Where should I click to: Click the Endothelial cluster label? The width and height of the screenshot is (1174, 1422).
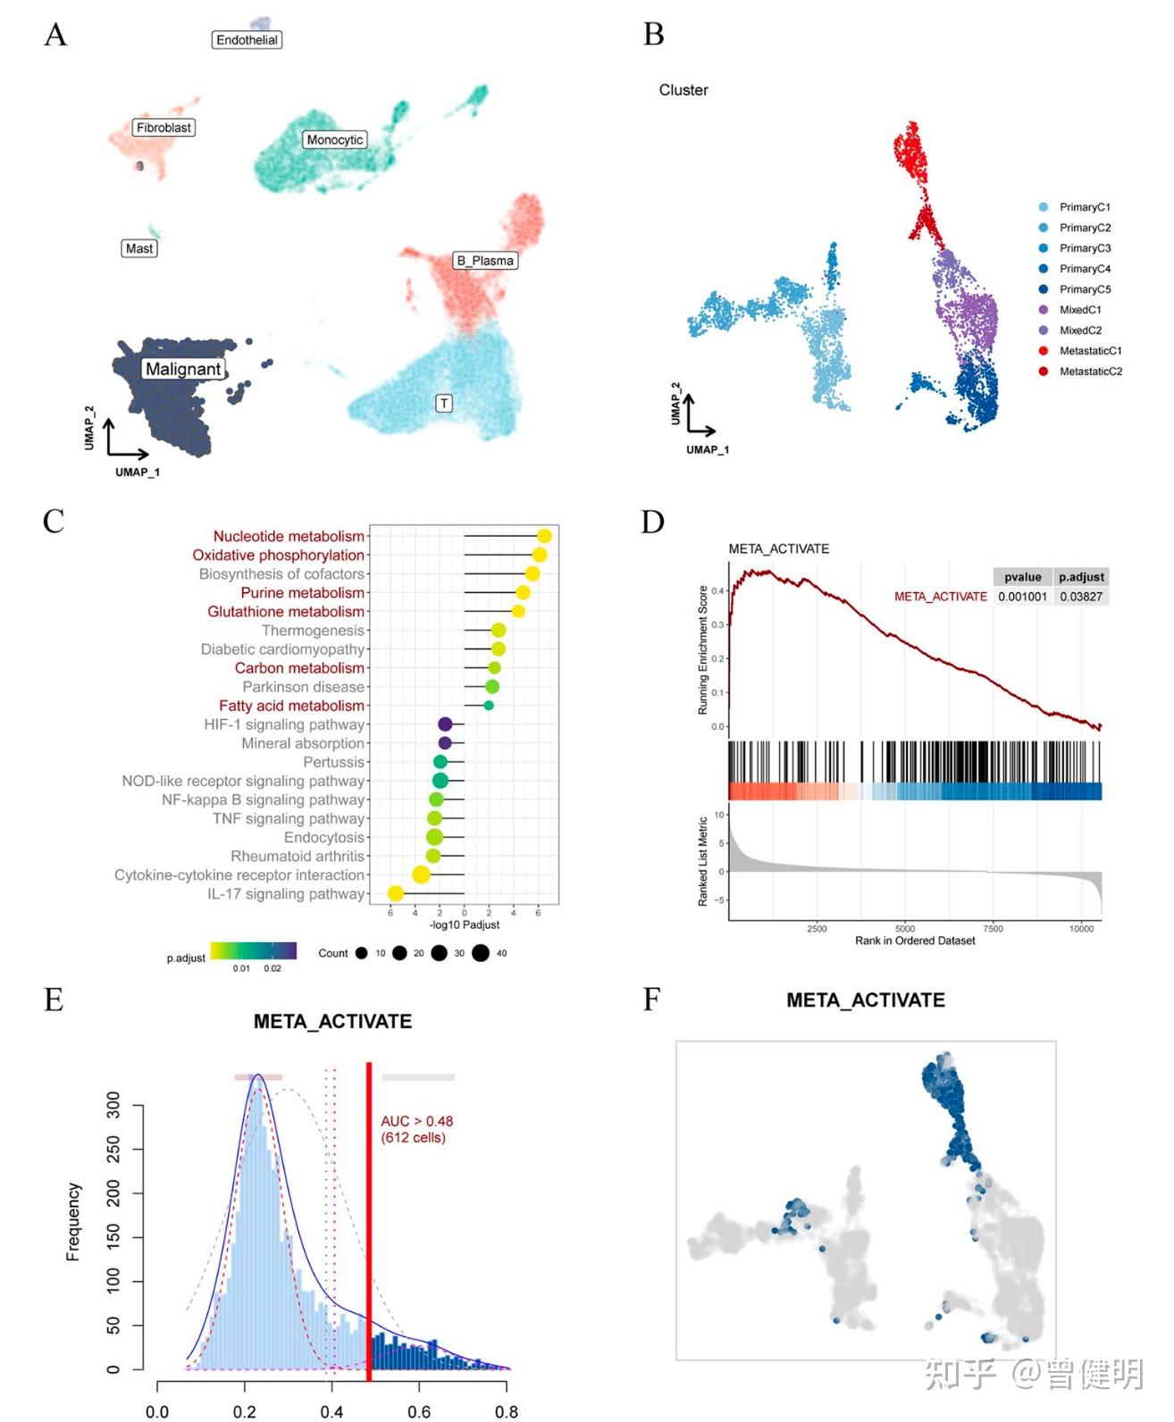click(x=247, y=40)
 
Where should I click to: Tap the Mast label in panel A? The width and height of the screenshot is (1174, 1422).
click(x=139, y=248)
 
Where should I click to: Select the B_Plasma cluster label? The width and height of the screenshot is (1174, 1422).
click(x=485, y=261)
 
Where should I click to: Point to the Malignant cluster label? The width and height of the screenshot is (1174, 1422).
click(x=183, y=369)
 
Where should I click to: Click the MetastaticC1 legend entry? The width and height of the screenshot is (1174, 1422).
click(x=1090, y=351)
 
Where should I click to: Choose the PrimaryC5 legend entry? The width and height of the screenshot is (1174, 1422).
click(x=1085, y=289)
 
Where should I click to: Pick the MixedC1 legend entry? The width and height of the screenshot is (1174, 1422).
click(x=1080, y=310)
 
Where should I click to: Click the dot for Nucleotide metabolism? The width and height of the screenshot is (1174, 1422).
click(x=544, y=536)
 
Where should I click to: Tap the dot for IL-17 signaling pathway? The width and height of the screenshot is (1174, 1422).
click(x=396, y=893)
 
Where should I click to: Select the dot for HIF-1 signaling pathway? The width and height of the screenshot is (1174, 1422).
click(x=445, y=724)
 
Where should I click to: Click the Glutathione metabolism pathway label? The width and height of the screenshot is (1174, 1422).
click(x=286, y=612)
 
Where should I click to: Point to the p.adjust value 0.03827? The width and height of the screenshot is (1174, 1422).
click(x=1081, y=597)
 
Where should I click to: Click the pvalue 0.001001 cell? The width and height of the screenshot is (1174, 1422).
click(x=1022, y=597)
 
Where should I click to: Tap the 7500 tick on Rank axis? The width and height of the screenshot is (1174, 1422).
click(x=993, y=929)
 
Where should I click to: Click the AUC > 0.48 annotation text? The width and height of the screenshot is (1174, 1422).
click(x=416, y=1121)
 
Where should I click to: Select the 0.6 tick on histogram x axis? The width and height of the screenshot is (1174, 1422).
click(x=419, y=1411)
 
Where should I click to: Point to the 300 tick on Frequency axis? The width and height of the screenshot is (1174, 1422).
click(x=113, y=1106)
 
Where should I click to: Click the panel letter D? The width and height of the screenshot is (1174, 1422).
click(x=653, y=523)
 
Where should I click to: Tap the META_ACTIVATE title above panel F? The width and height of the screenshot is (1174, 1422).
click(x=865, y=1000)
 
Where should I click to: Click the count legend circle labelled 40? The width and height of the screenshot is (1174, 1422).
click(x=481, y=953)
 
